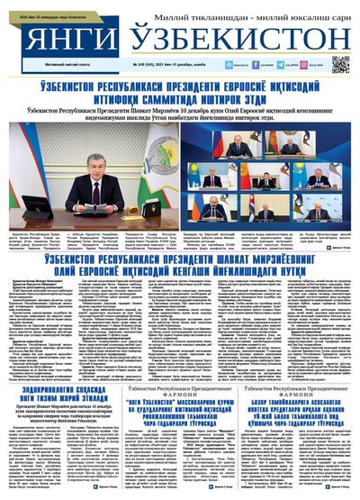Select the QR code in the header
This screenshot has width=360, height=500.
click(x=339, y=64)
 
